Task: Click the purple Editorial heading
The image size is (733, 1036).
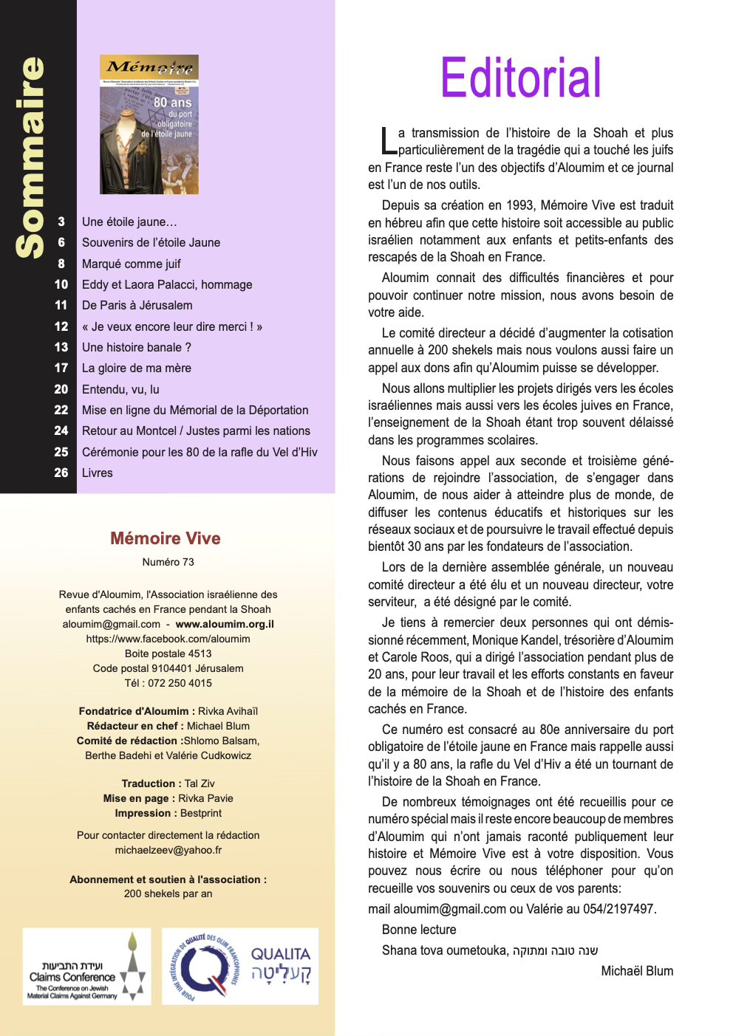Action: [x=521, y=78]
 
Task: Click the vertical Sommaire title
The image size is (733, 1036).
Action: [x=31, y=157]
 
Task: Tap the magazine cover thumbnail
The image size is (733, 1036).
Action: [x=149, y=124]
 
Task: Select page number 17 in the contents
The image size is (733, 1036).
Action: [x=61, y=368]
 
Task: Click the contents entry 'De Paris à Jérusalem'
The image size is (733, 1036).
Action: [x=137, y=305]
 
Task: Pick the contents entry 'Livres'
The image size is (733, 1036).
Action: [x=98, y=473]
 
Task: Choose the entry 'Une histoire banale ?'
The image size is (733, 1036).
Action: [x=137, y=347]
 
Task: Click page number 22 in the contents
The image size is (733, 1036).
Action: [x=61, y=410]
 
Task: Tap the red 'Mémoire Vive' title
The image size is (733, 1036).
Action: [x=166, y=538]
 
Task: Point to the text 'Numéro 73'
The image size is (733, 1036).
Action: [x=168, y=562]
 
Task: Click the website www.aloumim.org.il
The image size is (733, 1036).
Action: [x=225, y=624]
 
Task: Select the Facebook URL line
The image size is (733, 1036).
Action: [x=168, y=639]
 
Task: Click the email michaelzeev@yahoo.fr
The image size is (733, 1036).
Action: [x=168, y=850]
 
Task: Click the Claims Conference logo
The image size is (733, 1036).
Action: [x=87, y=967]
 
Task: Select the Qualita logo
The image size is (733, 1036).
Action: [x=240, y=967]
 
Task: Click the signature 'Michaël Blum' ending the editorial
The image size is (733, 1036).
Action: [x=637, y=971]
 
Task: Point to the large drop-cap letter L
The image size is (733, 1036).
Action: [x=388, y=142]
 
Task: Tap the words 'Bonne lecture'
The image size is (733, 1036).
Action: [x=419, y=930]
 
